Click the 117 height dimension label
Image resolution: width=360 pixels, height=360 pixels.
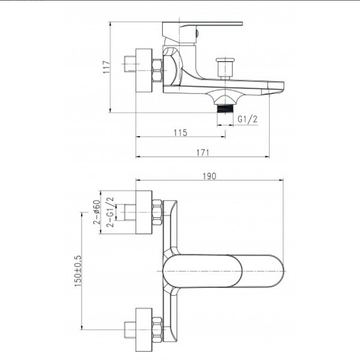pos(107,67)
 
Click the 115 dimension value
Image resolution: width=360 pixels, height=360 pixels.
pos(180,133)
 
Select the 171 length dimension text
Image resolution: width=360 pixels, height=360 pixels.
pos(203,153)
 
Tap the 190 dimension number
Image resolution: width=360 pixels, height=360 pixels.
pos(209,176)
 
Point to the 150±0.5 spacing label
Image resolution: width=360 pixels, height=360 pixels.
pos(78,271)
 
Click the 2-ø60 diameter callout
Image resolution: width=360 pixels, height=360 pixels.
pos(97,212)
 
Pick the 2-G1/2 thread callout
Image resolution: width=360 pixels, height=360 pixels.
pos(110,212)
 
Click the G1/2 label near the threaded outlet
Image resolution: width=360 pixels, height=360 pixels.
pos(247,119)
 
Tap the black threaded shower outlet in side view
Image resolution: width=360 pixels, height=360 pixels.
pos(225,108)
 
